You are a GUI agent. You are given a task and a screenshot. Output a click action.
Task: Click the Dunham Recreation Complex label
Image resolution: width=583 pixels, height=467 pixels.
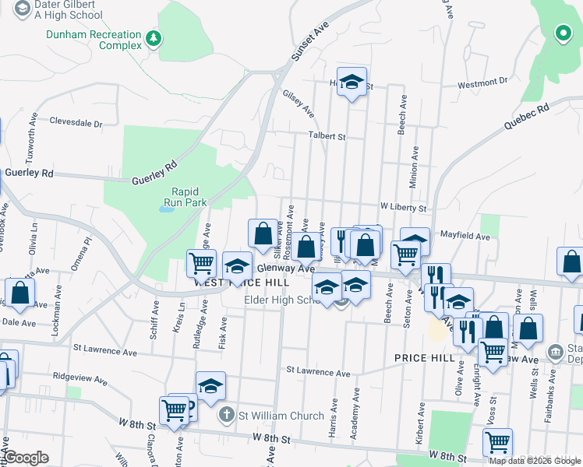[94, 40]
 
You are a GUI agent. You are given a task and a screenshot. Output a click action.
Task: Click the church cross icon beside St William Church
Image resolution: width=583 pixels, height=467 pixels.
[226, 416]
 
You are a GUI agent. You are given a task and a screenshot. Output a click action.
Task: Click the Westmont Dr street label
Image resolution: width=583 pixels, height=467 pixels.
[482, 83]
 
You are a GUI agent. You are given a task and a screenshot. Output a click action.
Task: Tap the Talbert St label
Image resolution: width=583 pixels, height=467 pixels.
[327, 136]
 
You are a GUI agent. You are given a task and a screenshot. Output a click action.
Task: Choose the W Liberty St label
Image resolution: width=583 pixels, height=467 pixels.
[403, 209]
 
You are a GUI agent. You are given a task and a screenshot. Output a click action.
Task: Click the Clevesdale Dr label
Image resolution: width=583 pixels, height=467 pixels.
[76, 123]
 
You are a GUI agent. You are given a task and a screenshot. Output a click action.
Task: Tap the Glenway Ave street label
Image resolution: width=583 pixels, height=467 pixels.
[290, 268]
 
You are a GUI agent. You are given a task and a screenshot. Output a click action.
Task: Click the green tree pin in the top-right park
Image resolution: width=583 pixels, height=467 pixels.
[562, 33]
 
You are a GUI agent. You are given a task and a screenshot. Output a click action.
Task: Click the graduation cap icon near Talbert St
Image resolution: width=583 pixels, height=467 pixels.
[352, 81]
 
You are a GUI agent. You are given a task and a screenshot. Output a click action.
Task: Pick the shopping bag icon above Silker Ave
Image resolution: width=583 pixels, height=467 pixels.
[263, 232]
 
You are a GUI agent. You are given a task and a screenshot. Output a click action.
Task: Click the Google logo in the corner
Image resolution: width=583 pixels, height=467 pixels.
[26, 458]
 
